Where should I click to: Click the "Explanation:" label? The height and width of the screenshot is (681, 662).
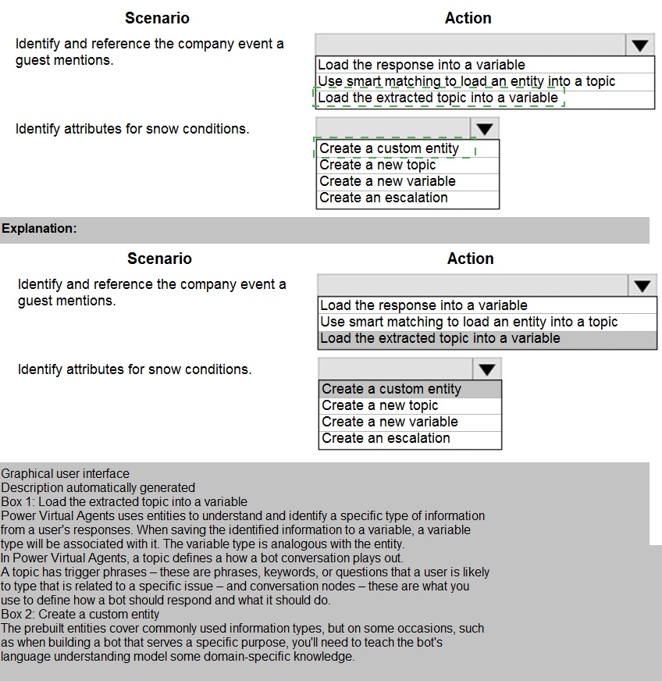pyautogui.click(x=40, y=229)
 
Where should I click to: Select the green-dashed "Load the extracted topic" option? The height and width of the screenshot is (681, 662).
pyautogui.click(x=438, y=98)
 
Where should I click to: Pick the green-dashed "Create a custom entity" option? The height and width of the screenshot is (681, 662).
pyautogui.click(x=390, y=148)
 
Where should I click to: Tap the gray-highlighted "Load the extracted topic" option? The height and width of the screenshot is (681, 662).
pyautogui.click(x=440, y=338)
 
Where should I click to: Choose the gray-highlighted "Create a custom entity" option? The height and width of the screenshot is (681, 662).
pyautogui.click(x=392, y=389)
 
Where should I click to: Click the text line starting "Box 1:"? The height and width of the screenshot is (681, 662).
pyautogui.click(x=124, y=501)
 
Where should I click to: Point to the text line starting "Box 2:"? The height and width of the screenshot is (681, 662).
pyautogui.click(x=80, y=614)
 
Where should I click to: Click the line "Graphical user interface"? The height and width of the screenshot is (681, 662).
pyautogui.click(x=66, y=473)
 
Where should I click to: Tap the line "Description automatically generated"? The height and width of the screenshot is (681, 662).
pyautogui.click(x=98, y=487)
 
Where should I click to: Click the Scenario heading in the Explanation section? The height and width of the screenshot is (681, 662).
pyautogui.click(x=159, y=258)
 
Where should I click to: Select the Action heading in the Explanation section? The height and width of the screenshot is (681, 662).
pyautogui.click(x=471, y=258)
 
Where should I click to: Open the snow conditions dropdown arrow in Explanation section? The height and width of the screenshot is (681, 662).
pyautogui.click(x=487, y=369)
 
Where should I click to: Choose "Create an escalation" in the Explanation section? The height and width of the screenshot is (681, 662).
pyautogui.click(x=386, y=438)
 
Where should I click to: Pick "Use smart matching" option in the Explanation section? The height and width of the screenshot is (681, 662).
pyautogui.click(x=468, y=322)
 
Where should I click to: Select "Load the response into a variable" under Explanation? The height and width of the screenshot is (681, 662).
pyautogui.click(x=424, y=305)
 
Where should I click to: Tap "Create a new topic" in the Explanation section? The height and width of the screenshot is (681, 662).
pyautogui.click(x=380, y=405)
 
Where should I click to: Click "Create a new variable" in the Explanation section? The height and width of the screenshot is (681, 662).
pyautogui.click(x=390, y=422)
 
